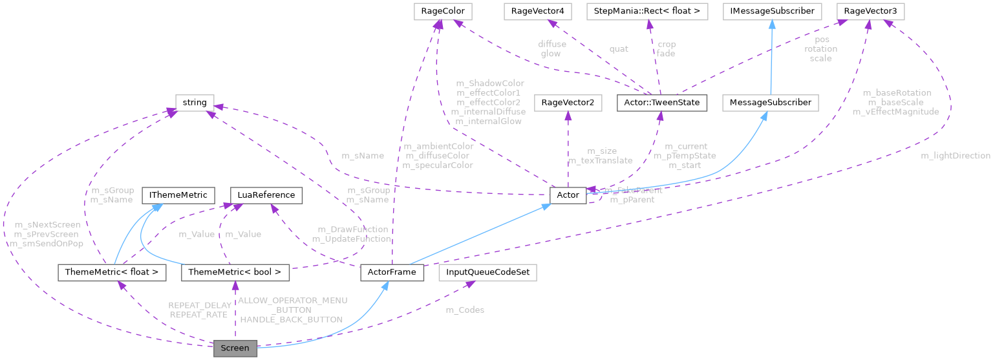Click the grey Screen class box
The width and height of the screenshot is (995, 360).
[x=235, y=348]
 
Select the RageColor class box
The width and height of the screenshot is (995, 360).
[x=438, y=11]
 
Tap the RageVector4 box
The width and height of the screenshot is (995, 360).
[x=549, y=11]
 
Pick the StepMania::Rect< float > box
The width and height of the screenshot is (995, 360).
[x=647, y=11]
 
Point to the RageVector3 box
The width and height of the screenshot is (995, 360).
[x=870, y=11]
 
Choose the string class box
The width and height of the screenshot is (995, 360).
[x=195, y=102]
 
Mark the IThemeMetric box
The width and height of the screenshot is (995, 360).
[x=178, y=195]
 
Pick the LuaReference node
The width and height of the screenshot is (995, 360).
[x=266, y=195]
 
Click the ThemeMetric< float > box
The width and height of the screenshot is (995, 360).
[x=112, y=273]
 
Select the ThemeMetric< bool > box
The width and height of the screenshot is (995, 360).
[x=235, y=273]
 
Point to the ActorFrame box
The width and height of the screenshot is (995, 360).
[x=392, y=273]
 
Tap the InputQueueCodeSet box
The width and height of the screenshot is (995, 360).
[x=487, y=273]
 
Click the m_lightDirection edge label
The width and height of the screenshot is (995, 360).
[x=956, y=156]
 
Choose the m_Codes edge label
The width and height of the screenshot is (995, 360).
[x=465, y=310]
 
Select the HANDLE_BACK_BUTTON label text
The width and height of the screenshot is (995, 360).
[x=291, y=319]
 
